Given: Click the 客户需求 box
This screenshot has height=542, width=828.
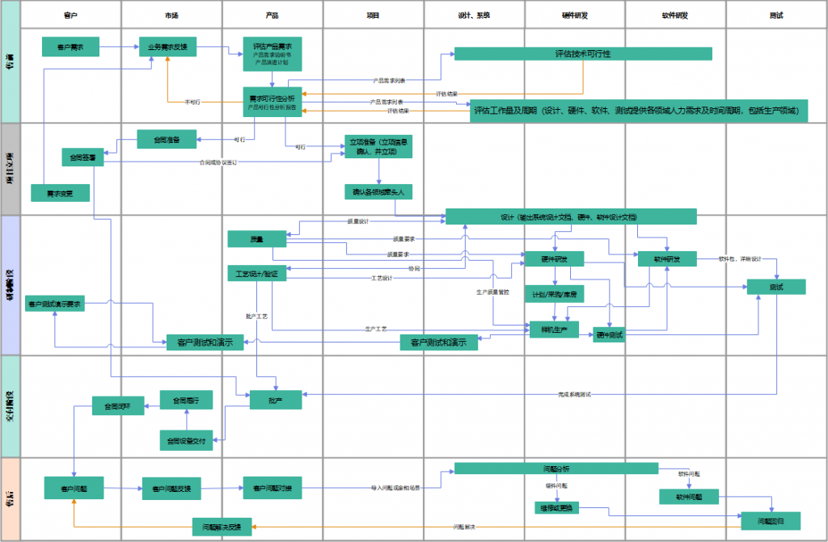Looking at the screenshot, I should tap(70, 48).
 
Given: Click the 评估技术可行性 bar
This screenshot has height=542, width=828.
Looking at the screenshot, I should tap(582, 53).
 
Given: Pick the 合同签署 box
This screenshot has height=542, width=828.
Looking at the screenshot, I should tap(83, 158).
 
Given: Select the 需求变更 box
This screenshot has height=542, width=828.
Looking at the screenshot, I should tap(60, 193).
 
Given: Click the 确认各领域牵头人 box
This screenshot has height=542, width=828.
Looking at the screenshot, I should tap(379, 192).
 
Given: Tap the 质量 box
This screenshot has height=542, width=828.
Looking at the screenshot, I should tap(257, 238).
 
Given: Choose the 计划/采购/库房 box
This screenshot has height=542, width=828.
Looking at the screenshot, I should tap(554, 294).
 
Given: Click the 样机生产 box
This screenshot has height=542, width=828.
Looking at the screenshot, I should tap(554, 329).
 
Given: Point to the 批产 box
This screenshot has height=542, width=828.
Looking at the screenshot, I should tap(275, 398).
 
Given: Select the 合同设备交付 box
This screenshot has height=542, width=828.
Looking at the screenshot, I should tap(186, 440).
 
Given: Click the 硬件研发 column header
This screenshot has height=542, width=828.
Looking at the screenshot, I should tap(575, 15).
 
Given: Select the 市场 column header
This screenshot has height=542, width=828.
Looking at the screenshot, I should tap(171, 15).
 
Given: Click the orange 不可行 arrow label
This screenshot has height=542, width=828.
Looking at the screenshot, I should tap(192, 103).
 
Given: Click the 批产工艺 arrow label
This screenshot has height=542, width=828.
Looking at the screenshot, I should tap(256, 316).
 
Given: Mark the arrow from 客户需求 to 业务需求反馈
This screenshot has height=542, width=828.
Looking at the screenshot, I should tap(117, 48).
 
